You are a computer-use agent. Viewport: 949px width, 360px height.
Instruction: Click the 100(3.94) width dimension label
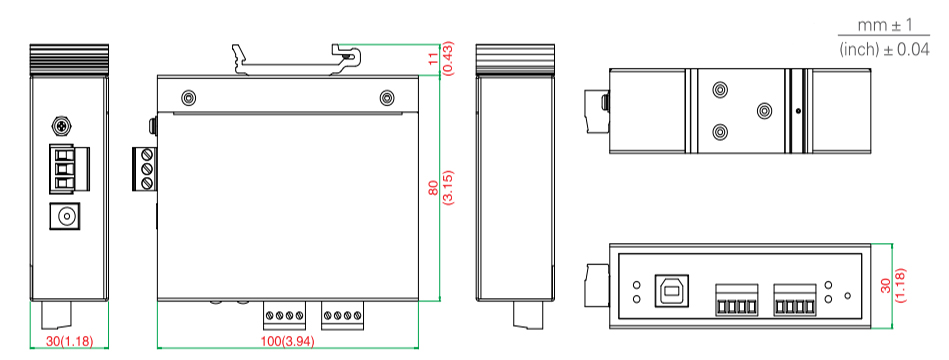point(287,341)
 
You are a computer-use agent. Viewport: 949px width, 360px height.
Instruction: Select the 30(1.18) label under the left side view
point(70,341)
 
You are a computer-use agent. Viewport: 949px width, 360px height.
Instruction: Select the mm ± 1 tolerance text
point(885,25)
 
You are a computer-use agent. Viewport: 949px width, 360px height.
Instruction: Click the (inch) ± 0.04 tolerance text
point(884,49)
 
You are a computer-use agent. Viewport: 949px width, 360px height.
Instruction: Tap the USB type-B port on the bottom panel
point(670,291)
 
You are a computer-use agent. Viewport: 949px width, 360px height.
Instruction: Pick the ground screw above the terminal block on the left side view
point(61,126)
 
